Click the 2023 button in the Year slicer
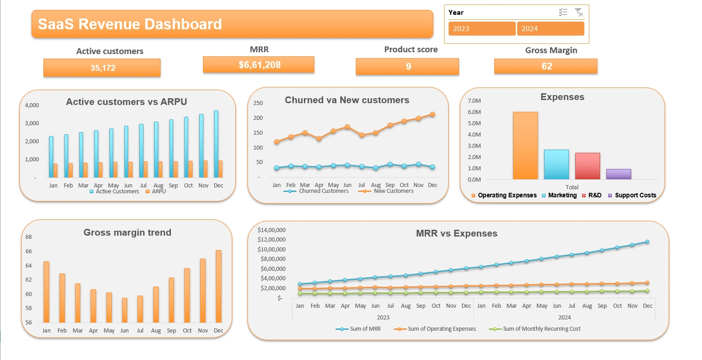[x=482, y=29]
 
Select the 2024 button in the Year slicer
[x=550, y=29]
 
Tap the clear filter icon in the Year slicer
[x=579, y=13]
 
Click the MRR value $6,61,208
[x=259, y=65]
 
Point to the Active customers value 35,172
[x=102, y=68]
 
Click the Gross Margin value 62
[x=546, y=66]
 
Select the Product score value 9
[x=408, y=67]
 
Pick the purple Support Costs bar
[x=618, y=174]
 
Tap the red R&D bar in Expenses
[x=587, y=166]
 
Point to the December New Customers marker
[x=432, y=114]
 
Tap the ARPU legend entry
[x=158, y=191]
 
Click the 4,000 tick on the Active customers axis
[x=32, y=105]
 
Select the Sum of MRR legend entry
[x=365, y=329]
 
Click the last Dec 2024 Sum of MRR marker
[x=647, y=242]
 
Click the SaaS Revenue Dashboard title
[x=130, y=24]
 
